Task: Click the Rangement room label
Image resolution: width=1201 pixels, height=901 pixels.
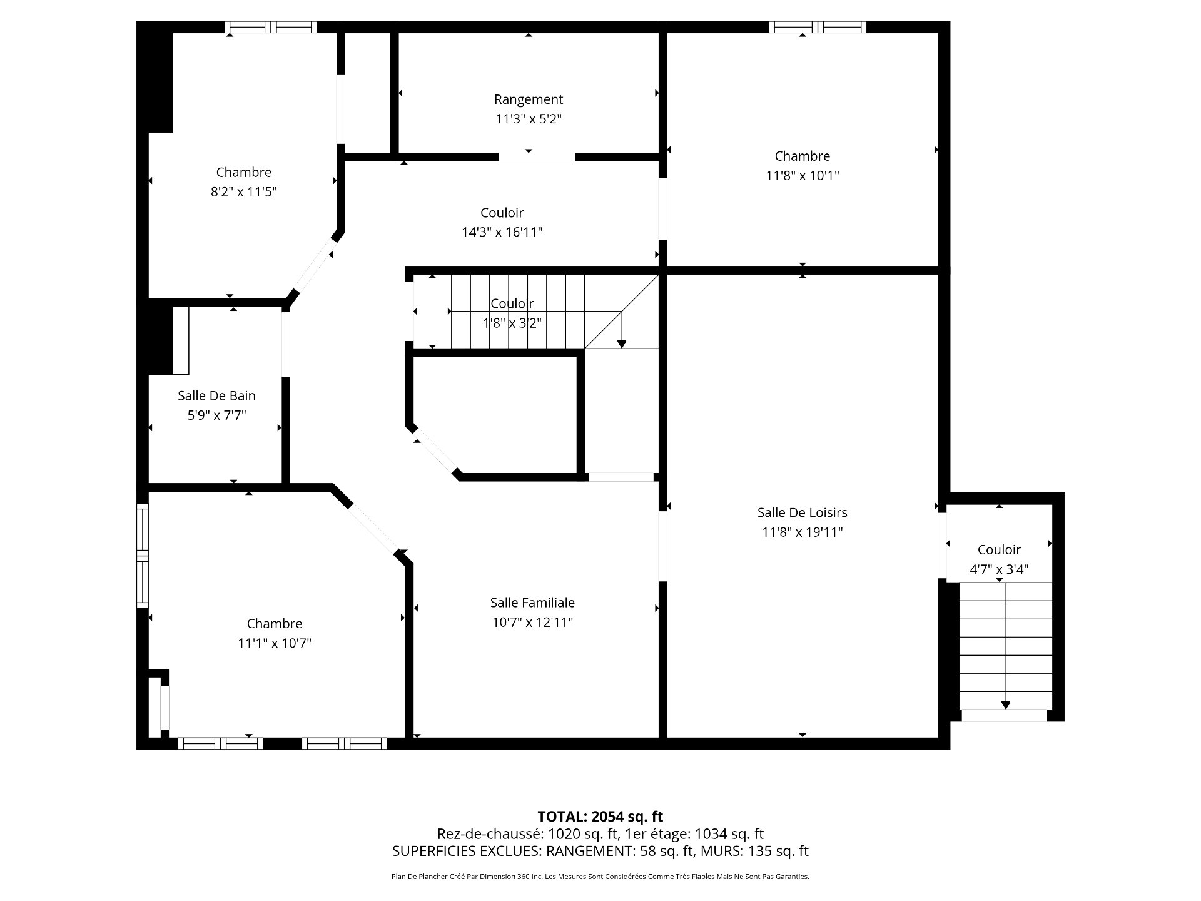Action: (529, 99)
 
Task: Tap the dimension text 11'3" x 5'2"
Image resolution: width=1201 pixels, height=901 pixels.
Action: (529, 119)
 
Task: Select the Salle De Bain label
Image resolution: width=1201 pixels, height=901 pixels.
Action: (216, 395)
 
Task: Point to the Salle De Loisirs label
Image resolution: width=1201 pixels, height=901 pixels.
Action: (802, 512)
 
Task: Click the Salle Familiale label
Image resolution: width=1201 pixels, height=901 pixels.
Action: (532, 603)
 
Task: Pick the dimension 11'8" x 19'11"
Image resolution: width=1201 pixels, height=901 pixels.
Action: (802, 532)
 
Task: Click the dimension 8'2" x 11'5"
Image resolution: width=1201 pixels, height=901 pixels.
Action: (243, 192)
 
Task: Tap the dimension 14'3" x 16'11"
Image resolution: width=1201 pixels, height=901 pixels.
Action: (502, 232)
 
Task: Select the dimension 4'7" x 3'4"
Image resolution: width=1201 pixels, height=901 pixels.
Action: (999, 569)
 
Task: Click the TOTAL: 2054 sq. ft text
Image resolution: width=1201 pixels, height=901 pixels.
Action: (600, 817)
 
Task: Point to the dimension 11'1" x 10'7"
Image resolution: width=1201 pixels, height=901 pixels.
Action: (275, 643)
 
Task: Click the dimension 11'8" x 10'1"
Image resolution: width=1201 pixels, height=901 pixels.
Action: (802, 176)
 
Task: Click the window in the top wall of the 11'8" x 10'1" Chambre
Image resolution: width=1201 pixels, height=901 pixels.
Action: (818, 27)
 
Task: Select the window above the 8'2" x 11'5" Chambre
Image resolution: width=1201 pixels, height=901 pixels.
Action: (270, 27)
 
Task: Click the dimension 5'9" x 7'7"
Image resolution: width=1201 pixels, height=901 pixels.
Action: (216, 415)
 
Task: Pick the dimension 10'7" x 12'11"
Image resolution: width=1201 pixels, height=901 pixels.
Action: (532, 623)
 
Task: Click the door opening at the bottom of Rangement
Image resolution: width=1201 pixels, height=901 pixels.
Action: (536, 157)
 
